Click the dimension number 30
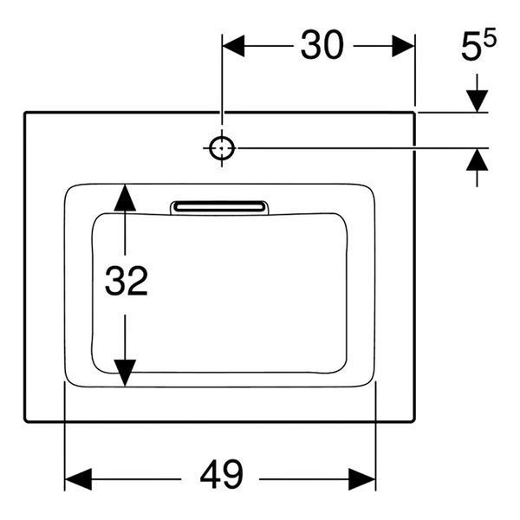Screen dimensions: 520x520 pyautogui.click(x=322, y=45)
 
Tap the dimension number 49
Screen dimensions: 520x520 pyautogui.click(x=222, y=475)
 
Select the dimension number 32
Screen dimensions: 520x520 pyautogui.click(x=127, y=281)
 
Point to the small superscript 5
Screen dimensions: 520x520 pyautogui.click(x=490, y=37)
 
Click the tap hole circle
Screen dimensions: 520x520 pyautogui.click(x=222, y=148)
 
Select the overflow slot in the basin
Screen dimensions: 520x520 pyautogui.click(x=219, y=208)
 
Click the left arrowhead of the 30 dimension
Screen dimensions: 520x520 pyautogui.click(x=233, y=46)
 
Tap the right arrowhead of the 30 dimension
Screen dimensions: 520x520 pyautogui.click(x=403, y=46)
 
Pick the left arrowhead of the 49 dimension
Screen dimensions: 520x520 pyautogui.click(x=78, y=479)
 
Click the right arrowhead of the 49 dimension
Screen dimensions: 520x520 pyautogui.click(x=362, y=479)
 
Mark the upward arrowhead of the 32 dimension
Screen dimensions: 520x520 pyautogui.click(x=125, y=198)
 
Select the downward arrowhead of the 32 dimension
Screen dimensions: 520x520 pyautogui.click(x=125, y=373)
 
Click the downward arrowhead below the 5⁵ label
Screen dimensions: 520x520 pyautogui.click(x=477, y=101)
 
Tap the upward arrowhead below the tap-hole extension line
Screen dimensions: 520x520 pyautogui.click(x=477, y=159)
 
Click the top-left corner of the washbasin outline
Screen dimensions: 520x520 pyautogui.click(x=25, y=113)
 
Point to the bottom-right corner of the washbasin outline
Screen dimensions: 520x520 pyautogui.click(x=414, y=421)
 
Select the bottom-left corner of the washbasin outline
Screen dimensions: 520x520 pyautogui.click(x=25, y=421)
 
